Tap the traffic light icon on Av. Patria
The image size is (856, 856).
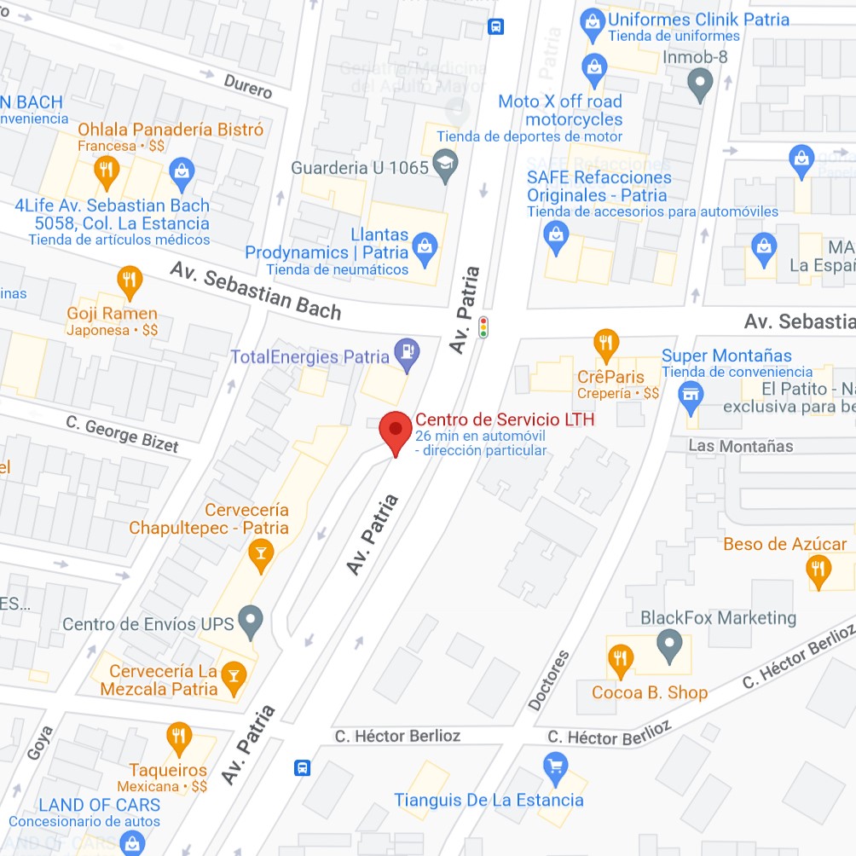point(483,327)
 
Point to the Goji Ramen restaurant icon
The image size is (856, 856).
point(129,280)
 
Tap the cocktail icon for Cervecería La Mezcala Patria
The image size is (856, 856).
point(232,678)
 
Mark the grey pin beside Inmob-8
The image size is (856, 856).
point(700,84)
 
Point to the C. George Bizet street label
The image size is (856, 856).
point(123,434)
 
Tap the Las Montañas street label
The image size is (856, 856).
point(740,446)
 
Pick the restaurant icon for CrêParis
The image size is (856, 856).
point(605,344)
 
